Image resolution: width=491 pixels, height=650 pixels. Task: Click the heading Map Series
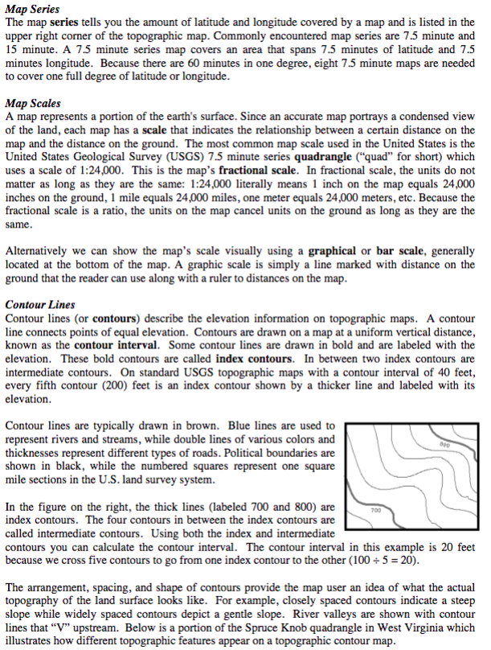32,9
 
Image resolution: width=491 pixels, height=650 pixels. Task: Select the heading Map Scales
32,104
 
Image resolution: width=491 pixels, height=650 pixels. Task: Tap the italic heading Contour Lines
39,305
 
